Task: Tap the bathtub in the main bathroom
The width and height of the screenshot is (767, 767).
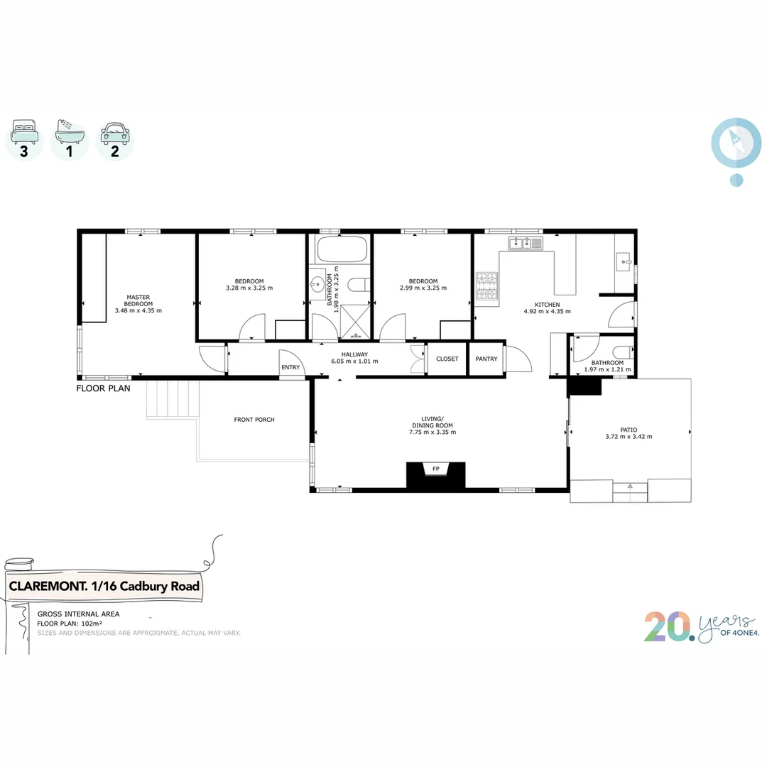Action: (x=342, y=249)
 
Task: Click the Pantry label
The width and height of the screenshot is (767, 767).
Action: (x=486, y=359)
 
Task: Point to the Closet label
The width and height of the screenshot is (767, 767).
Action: (x=447, y=359)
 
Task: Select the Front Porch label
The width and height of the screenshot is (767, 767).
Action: (x=254, y=420)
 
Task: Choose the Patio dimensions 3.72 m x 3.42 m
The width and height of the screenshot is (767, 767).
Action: (x=629, y=437)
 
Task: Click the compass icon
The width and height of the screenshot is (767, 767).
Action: (x=731, y=142)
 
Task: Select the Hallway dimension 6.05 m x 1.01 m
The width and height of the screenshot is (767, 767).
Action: (x=354, y=361)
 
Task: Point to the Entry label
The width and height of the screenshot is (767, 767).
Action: (x=290, y=367)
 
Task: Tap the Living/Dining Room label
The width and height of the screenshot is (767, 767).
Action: (x=432, y=425)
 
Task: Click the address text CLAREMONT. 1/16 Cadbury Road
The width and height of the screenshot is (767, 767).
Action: (x=104, y=587)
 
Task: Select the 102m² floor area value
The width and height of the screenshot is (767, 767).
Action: (x=84, y=624)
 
